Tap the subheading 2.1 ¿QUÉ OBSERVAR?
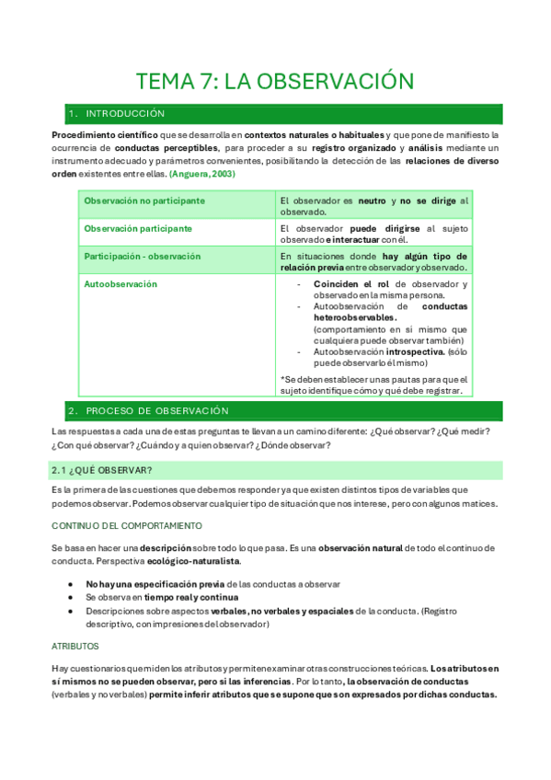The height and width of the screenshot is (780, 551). [x=90, y=470]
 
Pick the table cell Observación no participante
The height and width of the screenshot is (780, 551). [x=137, y=200]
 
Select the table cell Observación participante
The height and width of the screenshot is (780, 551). [x=138, y=227]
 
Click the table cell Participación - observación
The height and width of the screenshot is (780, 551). [x=142, y=256]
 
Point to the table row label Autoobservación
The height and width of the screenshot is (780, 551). [x=121, y=284]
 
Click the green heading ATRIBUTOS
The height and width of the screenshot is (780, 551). [x=75, y=646]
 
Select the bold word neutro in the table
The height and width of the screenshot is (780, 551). [x=372, y=200]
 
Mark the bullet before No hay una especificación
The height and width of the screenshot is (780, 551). [x=72, y=584]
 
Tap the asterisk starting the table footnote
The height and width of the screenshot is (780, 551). [x=282, y=379]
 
